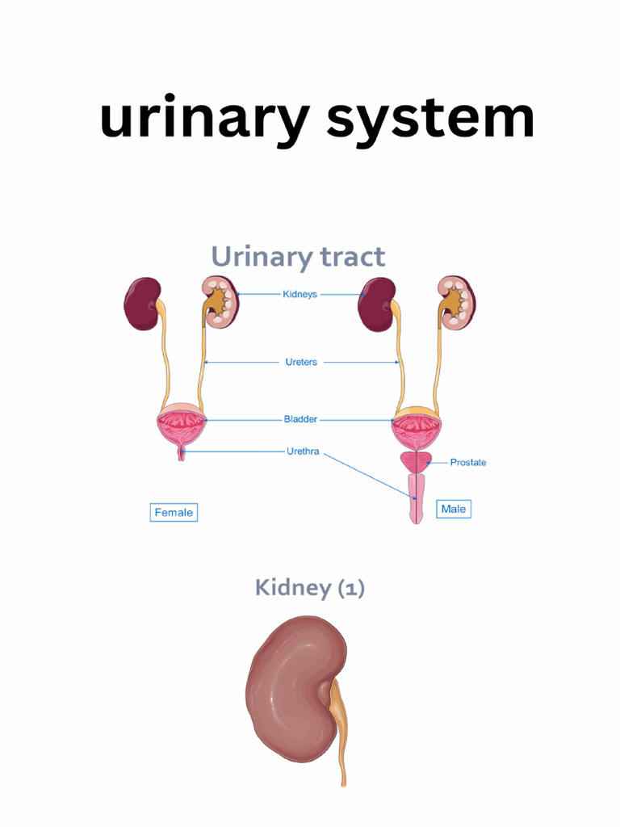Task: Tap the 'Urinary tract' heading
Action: [298, 257]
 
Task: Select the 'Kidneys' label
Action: [300, 295]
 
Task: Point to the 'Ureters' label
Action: [301, 363]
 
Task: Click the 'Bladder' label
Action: [300, 419]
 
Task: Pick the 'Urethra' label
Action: [302, 451]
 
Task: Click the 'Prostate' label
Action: [468, 463]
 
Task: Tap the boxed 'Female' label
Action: [174, 512]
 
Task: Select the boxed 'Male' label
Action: [453, 509]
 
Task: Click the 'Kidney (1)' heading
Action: [310, 588]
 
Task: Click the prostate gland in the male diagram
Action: [417, 463]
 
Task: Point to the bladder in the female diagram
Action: [182, 428]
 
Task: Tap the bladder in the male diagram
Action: [417, 428]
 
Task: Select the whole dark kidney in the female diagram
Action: [142, 304]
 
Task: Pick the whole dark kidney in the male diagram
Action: [376, 304]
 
